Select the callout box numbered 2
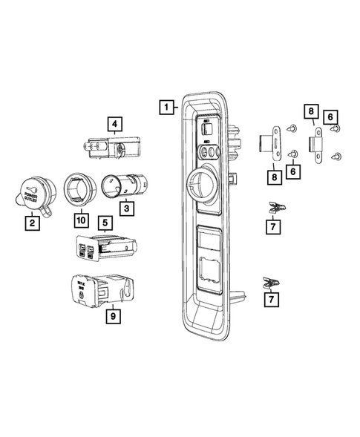32,220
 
